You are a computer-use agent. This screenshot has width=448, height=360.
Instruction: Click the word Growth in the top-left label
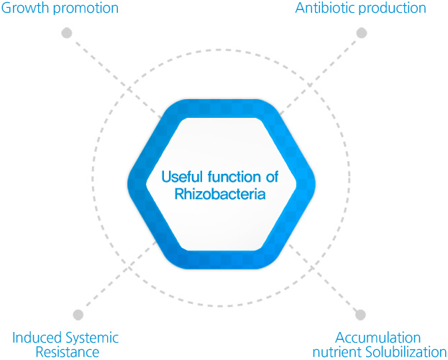[x=26, y=8]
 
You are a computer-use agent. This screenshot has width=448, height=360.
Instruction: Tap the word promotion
[x=86, y=9]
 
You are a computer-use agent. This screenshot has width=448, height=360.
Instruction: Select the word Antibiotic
[x=325, y=8]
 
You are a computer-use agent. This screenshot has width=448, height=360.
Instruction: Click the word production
[x=392, y=9]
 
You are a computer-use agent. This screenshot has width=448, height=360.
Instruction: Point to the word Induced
[x=37, y=338]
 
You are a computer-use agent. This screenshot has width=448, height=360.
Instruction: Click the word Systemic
[x=92, y=338]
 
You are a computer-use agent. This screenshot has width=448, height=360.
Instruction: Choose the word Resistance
[x=68, y=351]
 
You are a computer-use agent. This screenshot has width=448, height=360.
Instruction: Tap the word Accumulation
[x=378, y=338]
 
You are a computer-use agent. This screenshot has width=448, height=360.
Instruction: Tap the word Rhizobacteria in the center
[x=220, y=194]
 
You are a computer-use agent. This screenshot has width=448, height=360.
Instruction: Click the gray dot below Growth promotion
[x=67, y=33]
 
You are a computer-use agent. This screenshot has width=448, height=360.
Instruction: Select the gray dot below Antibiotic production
[x=362, y=33]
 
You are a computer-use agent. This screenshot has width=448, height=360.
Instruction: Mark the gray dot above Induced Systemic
[x=78, y=315]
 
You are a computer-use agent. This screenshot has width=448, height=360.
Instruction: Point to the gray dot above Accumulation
[x=360, y=315]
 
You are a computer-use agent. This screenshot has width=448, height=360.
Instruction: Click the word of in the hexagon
[x=272, y=177]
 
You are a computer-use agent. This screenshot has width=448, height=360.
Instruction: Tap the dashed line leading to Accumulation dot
[x=323, y=277]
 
